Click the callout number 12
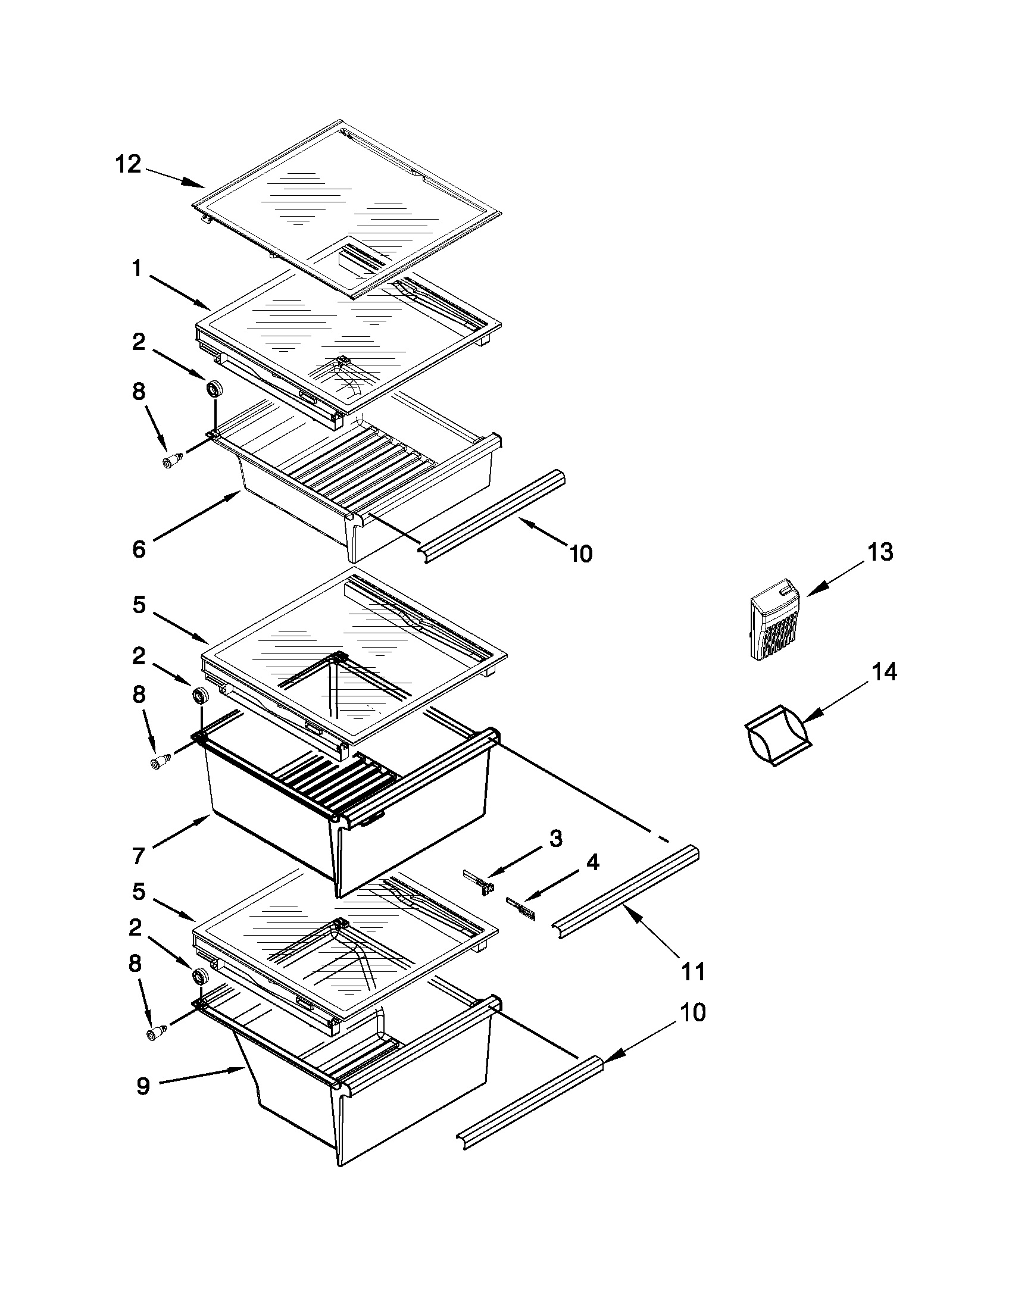tap(128, 163)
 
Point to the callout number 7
tap(139, 855)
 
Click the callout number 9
tap(143, 1086)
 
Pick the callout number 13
tap(879, 552)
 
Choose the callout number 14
tap(883, 672)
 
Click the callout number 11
tap(693, 971)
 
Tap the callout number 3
tap(555, 838)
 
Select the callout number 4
tap(592, 862)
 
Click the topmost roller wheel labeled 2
tap(214, 389)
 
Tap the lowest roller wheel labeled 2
tap(201, 976)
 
